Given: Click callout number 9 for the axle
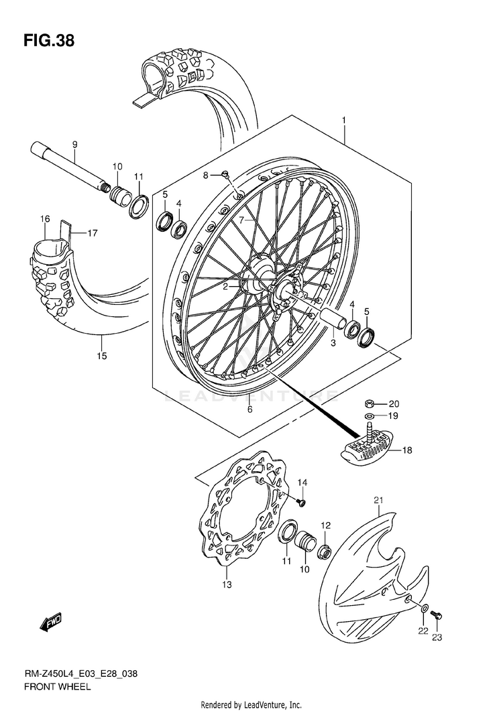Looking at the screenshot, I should tap(75, 145).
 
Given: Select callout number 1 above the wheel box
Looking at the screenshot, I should tap(344, 121).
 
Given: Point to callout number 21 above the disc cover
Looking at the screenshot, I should tap(378, 499).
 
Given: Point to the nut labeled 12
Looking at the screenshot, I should tap(324, 551).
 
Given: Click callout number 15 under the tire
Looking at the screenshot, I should tap(101, 356).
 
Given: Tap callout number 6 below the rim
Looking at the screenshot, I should tap(249, 409).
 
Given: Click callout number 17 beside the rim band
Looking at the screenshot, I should tap(92, 234).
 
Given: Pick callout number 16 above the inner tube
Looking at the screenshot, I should tap(45, 219).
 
